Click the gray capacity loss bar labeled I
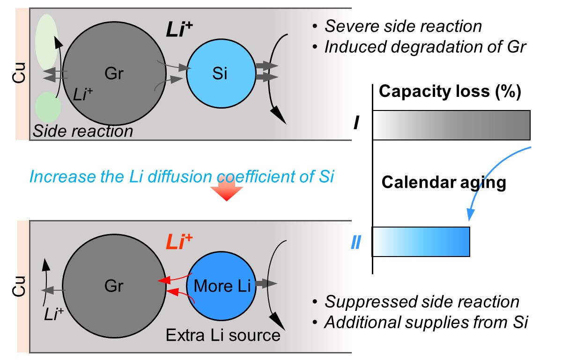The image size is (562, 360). point(451,125)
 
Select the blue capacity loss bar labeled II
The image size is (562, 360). point(421,242)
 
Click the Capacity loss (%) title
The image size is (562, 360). point(450,92)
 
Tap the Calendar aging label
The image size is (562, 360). point(444,182)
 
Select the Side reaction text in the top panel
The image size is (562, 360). point(83,131)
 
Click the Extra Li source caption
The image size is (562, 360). point(223,335)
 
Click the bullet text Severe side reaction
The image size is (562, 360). point(403,26)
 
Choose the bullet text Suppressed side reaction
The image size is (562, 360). point(421,302)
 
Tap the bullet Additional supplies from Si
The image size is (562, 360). point(426,323)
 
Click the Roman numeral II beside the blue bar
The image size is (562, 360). point(356,243)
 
